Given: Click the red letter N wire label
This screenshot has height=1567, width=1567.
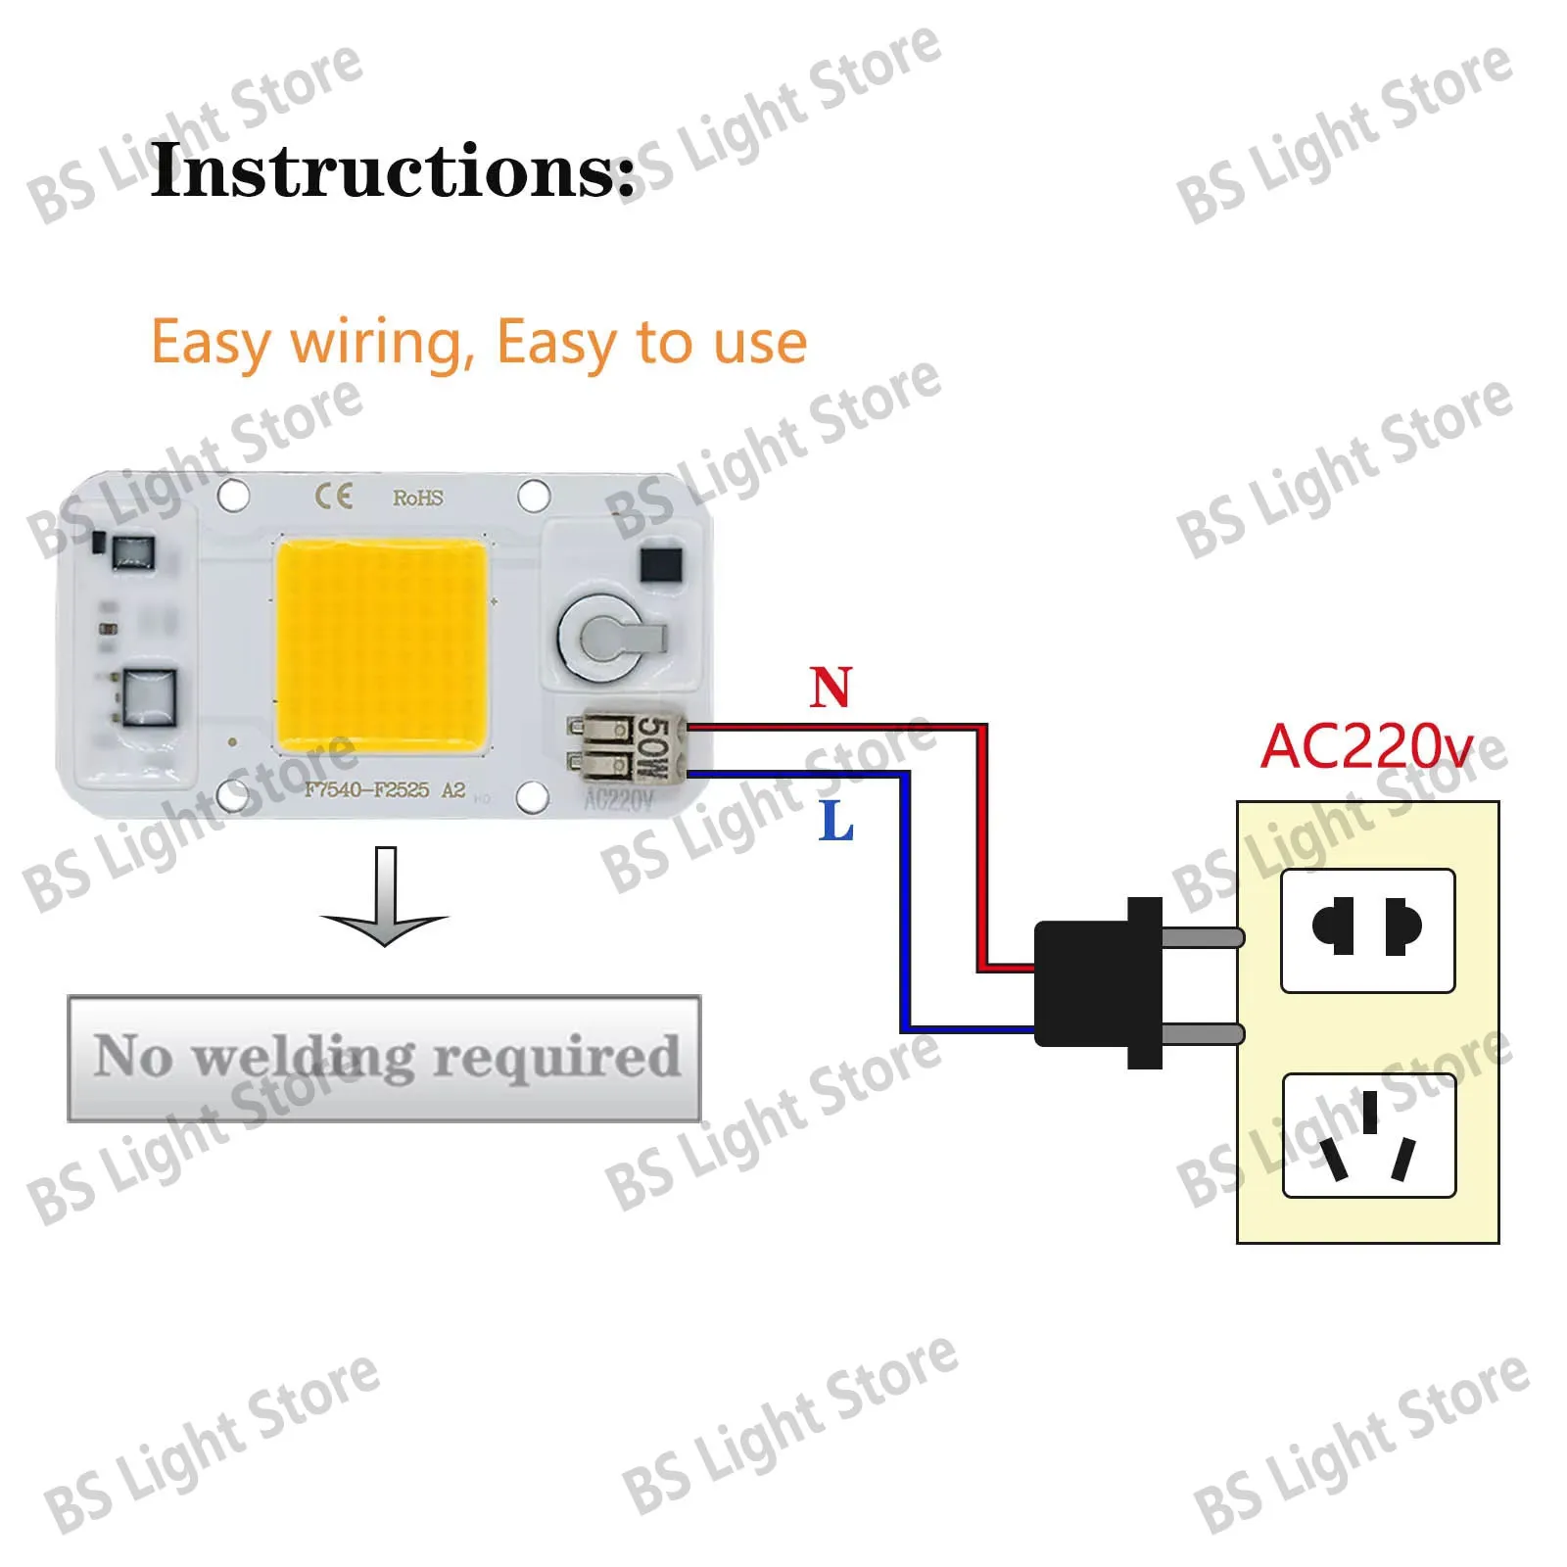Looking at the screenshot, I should [831, 688].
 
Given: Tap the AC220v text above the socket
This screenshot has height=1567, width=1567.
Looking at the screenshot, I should [1366, 747].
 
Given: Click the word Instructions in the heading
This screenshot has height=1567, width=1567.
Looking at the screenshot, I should [392, 170].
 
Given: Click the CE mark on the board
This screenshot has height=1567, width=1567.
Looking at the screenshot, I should [333, 497].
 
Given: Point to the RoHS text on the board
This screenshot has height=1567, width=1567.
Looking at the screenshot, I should [418, 499].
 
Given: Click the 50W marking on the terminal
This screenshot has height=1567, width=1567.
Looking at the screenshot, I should [651, 748].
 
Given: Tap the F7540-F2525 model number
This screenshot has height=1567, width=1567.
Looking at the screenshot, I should [366, 790].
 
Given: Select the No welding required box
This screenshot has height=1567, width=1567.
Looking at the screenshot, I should [384, 1058].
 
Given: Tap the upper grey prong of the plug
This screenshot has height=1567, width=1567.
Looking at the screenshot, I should [1203, 937].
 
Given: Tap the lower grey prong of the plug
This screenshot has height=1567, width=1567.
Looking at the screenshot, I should [1203, 1033].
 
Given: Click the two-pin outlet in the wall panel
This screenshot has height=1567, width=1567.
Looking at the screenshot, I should [1367, 930].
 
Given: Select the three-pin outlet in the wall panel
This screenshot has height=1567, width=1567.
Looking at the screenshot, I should [1368, 1136].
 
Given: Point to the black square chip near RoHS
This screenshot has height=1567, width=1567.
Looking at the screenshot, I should [660, 565].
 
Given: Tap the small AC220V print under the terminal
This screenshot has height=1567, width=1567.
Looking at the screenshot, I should [618, 801].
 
